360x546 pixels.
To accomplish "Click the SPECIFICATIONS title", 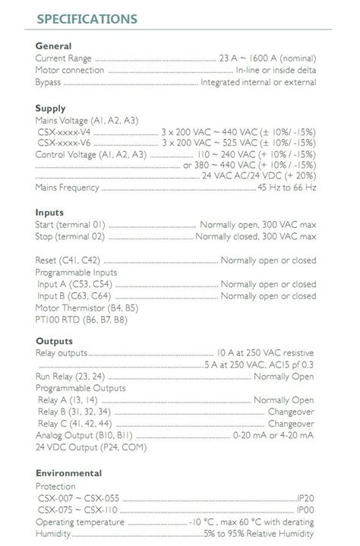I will pos(87,19).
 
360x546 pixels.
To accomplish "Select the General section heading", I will pos(53,46).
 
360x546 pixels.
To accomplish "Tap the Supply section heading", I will pos(50,109).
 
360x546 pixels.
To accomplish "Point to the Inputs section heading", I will pos(49,213).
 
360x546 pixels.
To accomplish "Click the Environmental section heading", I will pos(68,473).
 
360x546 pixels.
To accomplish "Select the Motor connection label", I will pos(70,71).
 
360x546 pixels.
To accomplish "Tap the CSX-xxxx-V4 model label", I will pos(64,132).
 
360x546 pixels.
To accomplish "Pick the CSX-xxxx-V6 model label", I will pos(64,144).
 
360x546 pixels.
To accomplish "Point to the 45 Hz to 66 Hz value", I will pos(286,188).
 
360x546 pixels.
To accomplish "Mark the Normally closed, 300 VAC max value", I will pos(255,237).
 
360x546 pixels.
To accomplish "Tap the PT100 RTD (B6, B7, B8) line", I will pos(81,320).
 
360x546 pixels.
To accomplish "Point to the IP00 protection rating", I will pos(305,510).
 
